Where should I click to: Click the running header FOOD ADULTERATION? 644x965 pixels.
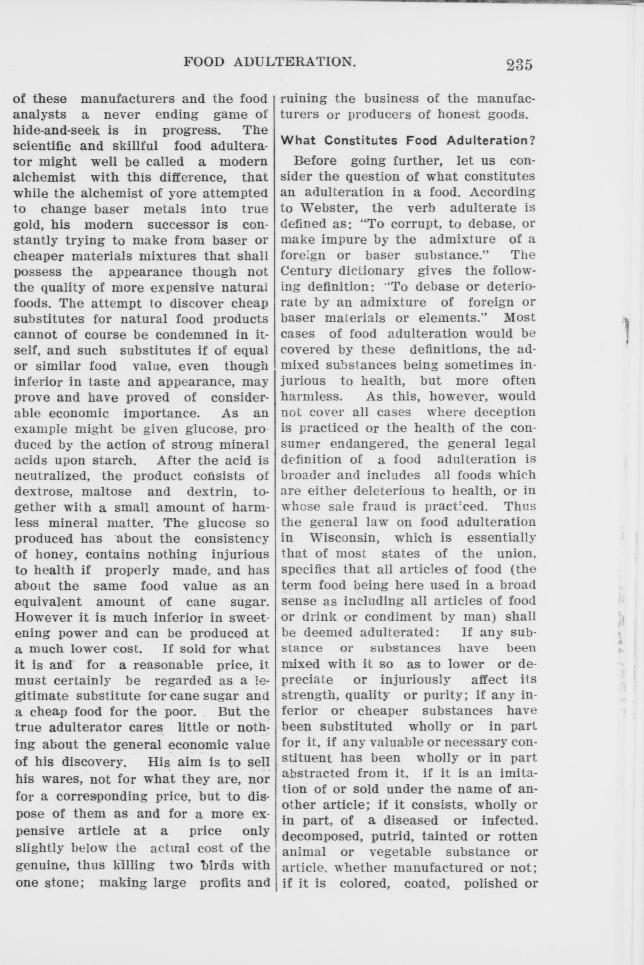click(270, 62)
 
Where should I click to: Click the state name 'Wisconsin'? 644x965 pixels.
click(346, 538)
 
